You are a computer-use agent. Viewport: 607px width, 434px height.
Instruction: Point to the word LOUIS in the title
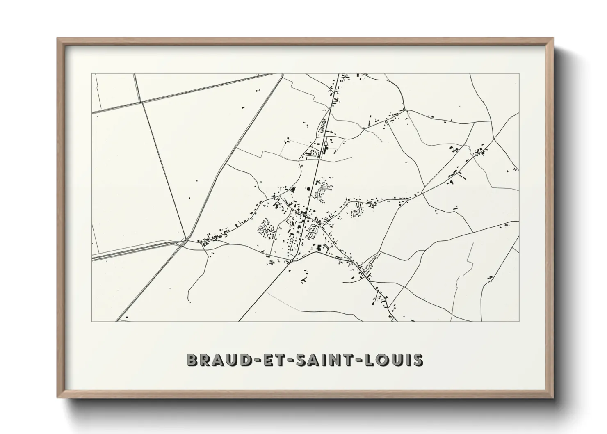tap(394, 360)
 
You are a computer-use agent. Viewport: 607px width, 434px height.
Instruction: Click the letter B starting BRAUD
tap(192, 360)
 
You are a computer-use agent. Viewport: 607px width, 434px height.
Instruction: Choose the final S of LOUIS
tap(418, 360)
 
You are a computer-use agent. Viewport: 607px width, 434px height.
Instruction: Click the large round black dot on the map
tap(308, 189)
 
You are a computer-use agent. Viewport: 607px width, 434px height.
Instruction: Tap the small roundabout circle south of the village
tap(290, 260)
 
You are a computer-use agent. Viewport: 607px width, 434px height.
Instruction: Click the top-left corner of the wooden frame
tap(57, 39)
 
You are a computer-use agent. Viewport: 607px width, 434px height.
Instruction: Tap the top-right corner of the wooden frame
tap(553, 39)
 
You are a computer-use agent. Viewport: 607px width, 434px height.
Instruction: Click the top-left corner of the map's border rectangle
tap(91, 74)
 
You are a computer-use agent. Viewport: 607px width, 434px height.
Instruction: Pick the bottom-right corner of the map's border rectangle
tap(519, 321)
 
